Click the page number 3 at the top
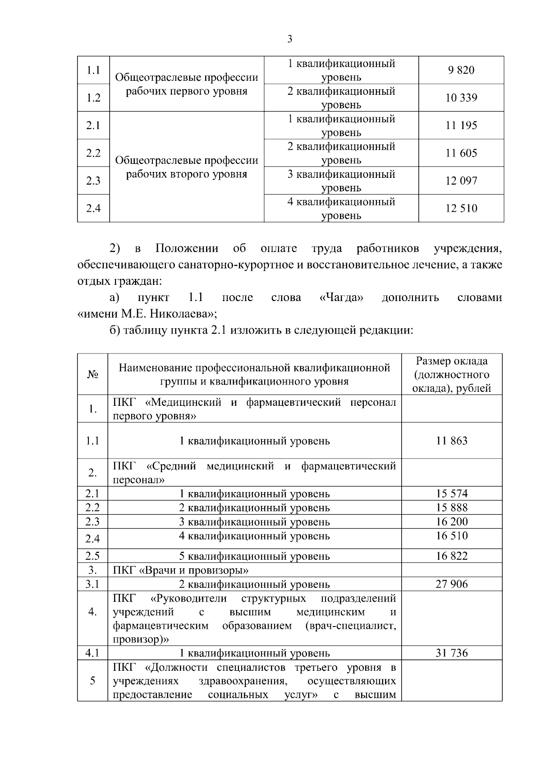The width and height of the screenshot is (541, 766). coord(289,39)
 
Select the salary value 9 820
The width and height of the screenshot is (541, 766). coord(461,70)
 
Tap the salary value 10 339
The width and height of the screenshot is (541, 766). coord(461,98)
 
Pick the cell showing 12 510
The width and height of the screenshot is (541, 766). coord(461,209)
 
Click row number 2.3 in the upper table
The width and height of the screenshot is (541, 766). coord(93,181)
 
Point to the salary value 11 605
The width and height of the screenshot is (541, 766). coord(461,153)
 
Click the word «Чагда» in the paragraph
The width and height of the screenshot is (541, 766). coord(341,298)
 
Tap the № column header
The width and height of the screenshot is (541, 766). coord(92,375)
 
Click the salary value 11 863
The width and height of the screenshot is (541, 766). coord(452,441)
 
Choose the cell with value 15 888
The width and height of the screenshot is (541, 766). coord(452,508)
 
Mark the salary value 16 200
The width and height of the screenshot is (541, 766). coord(452,522)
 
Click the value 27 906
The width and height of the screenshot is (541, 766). coord(452,585)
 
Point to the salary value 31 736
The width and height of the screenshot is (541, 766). coord(452,653)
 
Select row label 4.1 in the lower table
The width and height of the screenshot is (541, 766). coord(92,653)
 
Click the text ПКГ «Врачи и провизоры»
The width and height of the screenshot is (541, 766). coord(180,571)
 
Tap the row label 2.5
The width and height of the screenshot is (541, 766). coord(92,556)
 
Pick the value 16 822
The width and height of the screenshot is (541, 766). coord(452,556)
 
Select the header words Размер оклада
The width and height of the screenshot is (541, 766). coord(452,361)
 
